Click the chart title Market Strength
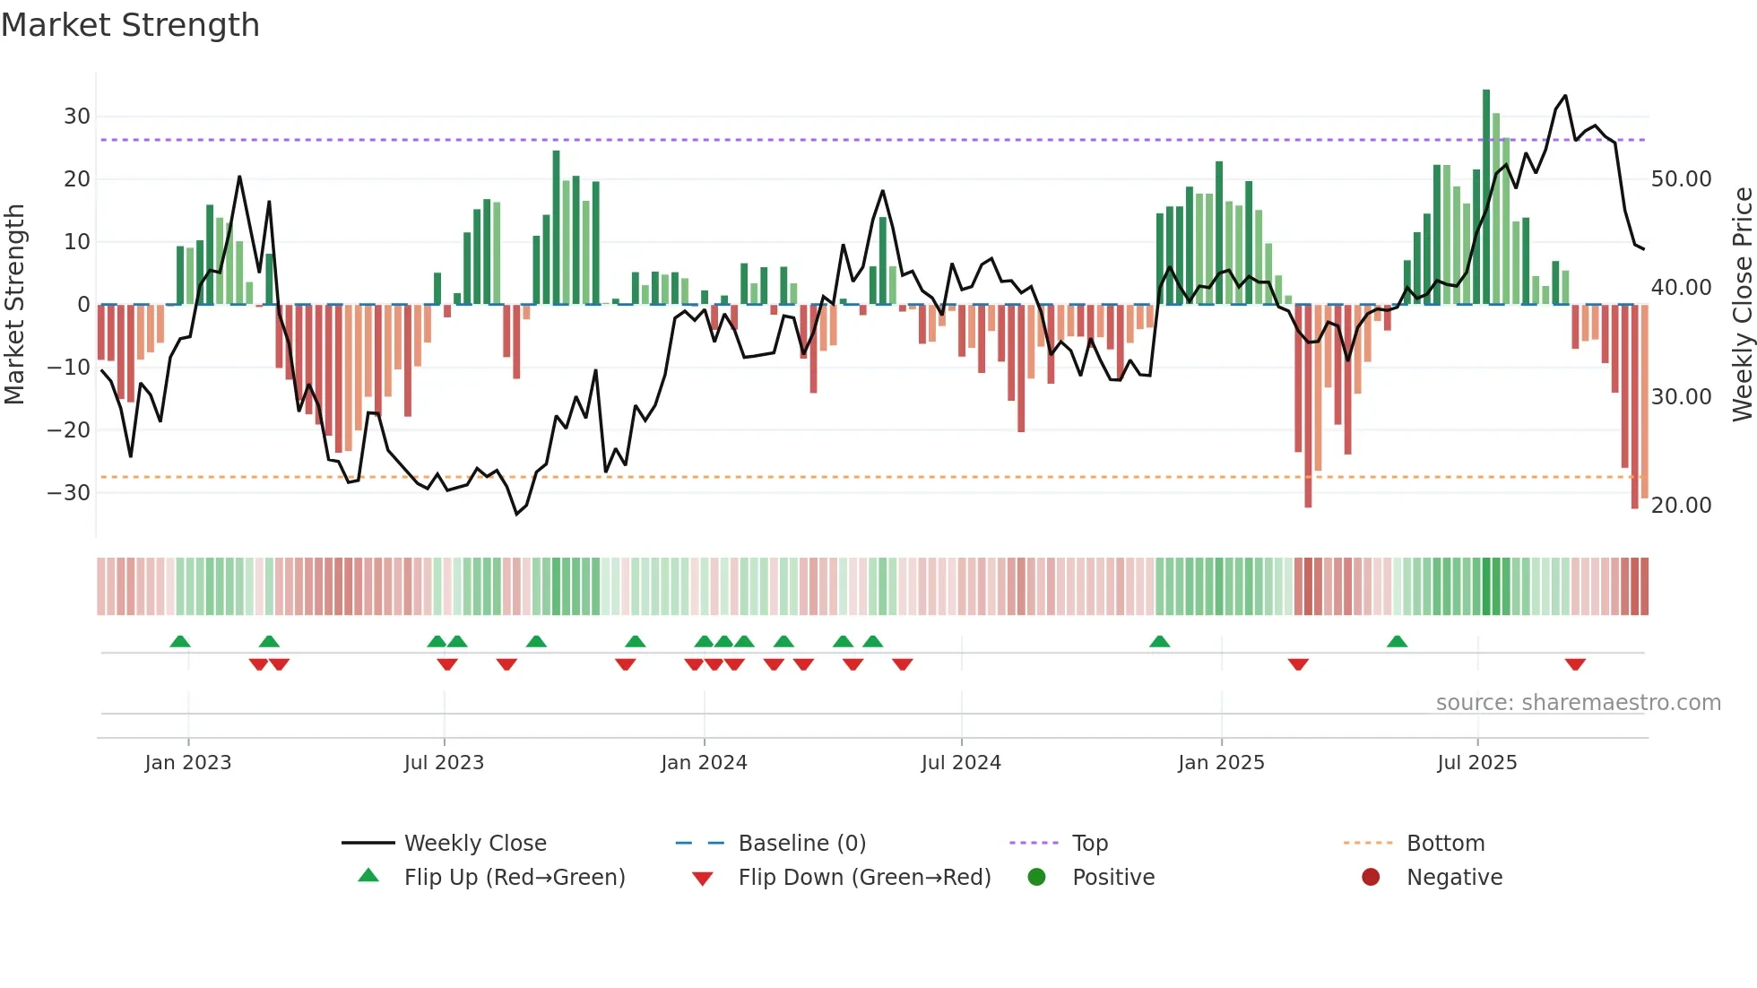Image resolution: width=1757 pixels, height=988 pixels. pos(130,25)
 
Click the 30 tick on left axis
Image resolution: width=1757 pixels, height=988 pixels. pos(76,117)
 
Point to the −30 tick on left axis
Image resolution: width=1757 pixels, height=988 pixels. pos(69,492)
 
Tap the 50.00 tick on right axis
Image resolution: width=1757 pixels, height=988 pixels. pos(1681,179)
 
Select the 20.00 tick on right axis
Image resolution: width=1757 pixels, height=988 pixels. pos(1681,506)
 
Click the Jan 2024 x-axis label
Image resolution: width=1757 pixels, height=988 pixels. pos(704,763)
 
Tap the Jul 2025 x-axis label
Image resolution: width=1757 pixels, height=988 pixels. pos(1476,763)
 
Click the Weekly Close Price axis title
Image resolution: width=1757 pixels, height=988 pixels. pos(1742,305)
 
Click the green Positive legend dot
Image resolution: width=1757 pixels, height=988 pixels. pos(1037,878)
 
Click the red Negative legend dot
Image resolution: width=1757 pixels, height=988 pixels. pos(1371,878)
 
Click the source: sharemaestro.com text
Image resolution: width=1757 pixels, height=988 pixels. pos(1578,703)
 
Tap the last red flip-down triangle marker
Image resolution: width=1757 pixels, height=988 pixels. pos(1575,664)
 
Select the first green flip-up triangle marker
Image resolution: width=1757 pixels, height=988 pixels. pos(180,641)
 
